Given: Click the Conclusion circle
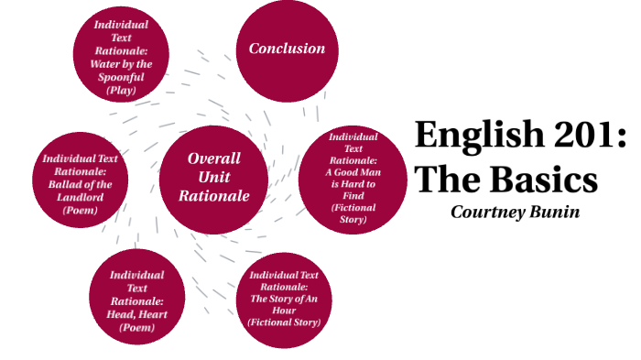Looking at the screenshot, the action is pyautogui.click(x=288, y=49).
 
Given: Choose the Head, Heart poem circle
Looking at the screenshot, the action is pyautogui.click(x=136, y=293).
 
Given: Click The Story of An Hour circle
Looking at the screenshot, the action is pyautogui.click(x=284, y=299).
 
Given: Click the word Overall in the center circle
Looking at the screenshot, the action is pyautogui.click(x=213, y=158).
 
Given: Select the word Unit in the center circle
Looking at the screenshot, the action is pyautogui.click(x=213, y=177).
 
